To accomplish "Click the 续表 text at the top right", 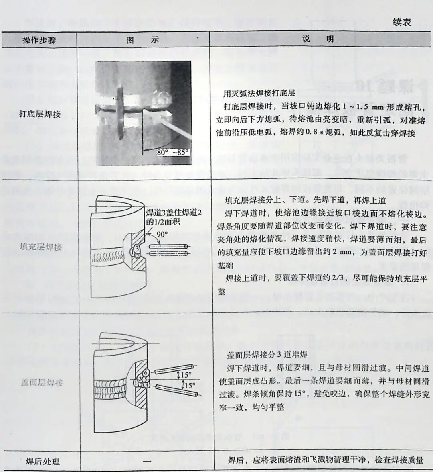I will pyautogui.click(x=401, y=22).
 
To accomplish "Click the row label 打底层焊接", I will pyautogui.click(x=40, y=114).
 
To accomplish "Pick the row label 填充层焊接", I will pyautogui.click(x=40, y=247).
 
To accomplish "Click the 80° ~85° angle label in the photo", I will pyautogui.click(x=172, y=153).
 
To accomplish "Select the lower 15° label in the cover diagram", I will pyautogui.click(x=189, y=386).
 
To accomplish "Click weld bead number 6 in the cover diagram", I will pyautogui.click(x=146, y=372).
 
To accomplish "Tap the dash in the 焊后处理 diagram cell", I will pyautogui.click(x=147, y=461).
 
